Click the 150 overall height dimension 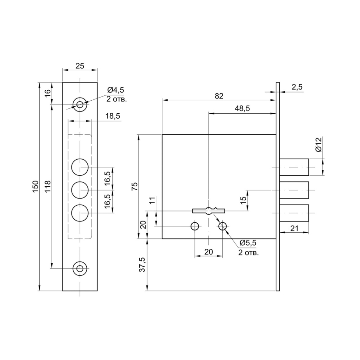click(35, 186)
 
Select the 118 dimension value click(47, 186)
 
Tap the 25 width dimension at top click(80, 66)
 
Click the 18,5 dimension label click(113, 116)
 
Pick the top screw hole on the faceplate click(80, 105)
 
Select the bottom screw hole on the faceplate click(80, 268)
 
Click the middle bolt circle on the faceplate click(80, 190)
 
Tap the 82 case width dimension click(219, 96)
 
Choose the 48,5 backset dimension click(242, 108)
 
